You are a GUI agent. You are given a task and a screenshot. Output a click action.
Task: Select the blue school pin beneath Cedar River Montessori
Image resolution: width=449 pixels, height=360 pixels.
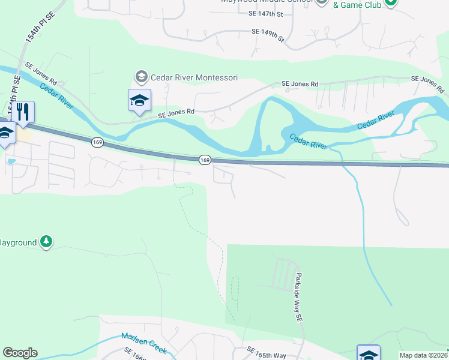click(139, 100)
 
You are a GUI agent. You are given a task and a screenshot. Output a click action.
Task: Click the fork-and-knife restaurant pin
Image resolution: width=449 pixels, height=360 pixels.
click(23, 112)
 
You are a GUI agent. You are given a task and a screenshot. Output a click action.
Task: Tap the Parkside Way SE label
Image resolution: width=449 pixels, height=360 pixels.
click(298, 299)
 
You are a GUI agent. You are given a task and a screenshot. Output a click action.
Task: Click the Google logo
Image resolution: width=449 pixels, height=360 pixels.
click(20, 353)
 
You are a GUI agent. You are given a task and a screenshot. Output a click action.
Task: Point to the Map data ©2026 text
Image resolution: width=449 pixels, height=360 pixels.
click(424, 355)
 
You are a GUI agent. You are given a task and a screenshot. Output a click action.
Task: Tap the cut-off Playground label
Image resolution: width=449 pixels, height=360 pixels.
click(18, 242)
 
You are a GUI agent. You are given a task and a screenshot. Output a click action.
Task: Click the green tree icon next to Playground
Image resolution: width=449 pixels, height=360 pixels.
click(46, 242)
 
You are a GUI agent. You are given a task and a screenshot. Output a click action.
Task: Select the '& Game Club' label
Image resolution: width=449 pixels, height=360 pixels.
click(357, 5)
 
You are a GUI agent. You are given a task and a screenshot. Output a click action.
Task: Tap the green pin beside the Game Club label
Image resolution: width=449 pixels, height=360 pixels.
click(391, 2)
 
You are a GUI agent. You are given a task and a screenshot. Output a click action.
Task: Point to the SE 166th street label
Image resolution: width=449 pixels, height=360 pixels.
click(136, 354)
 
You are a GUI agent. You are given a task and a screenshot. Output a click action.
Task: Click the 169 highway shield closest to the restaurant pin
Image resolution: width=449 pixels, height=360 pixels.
click(97, 142)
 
